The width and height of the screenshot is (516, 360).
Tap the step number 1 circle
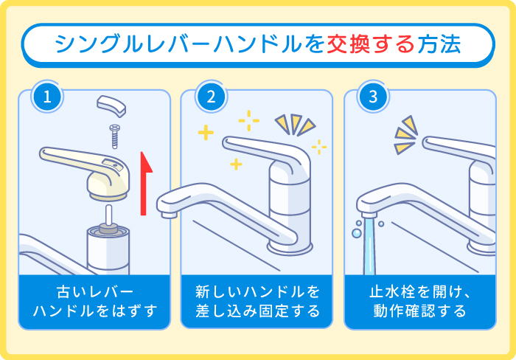pyautogui.click(x=47, y=96)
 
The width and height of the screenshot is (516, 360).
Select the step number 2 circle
pyautogui.click(x=211, y=96)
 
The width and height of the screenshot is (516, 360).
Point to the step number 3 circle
pyautogui.click(x=373, y=96)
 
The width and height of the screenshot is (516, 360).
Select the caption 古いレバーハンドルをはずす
pyautogui.click(x=95, y=301)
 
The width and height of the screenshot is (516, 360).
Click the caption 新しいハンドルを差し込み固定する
pyautogui.click(x=258, y=301)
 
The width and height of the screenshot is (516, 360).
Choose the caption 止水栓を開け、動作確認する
pyautogui.click(x=421, y=301)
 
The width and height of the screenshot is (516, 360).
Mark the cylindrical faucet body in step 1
pyautogui.click(x=108, y=251)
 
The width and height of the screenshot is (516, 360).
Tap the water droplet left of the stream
pyautogui.click(x=357, y=232)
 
